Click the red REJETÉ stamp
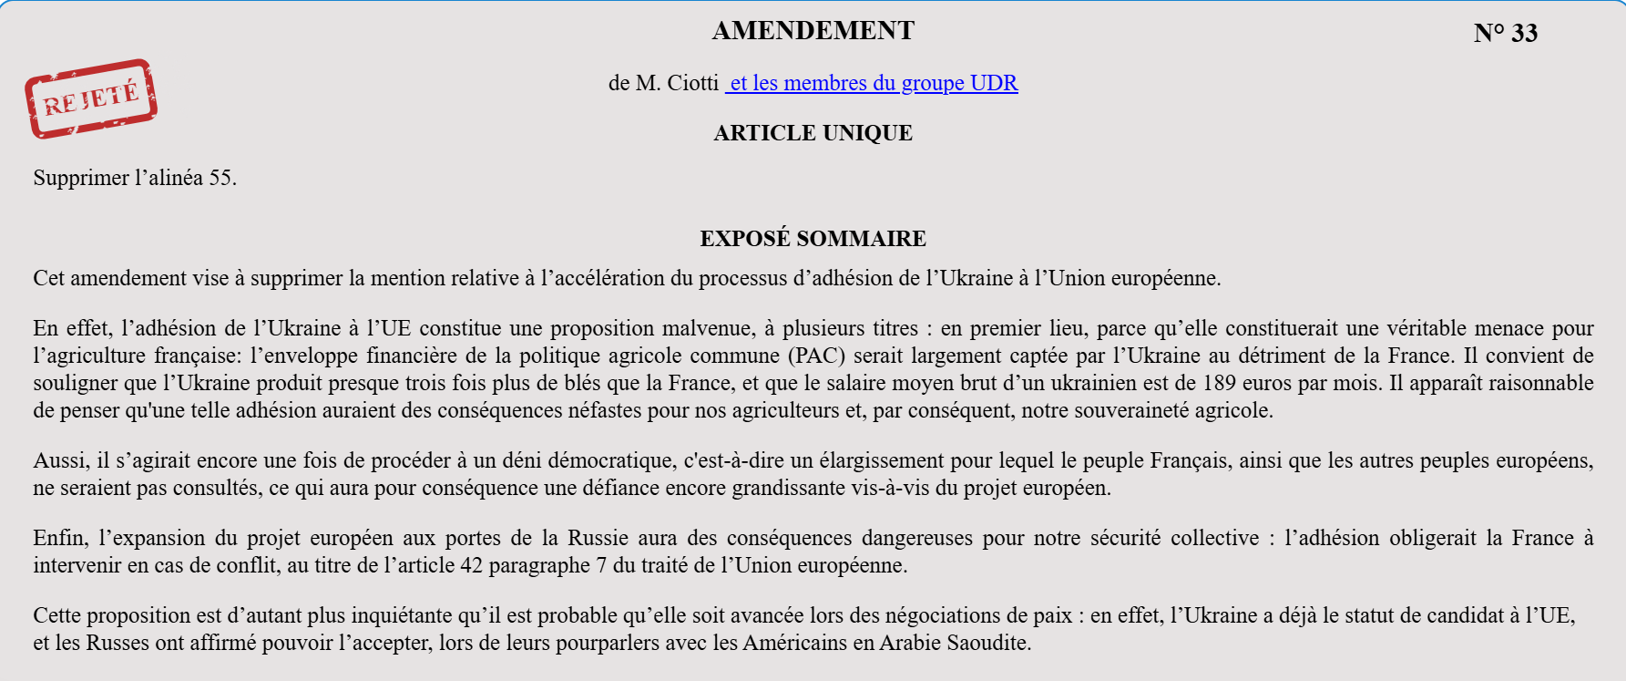coord(91,98)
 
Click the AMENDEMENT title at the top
coord(813,31)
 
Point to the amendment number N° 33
coord(1505,34)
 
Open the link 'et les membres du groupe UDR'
coord(872,83)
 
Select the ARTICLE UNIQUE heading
coord(813,133)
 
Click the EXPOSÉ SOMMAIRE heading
coord(813,239)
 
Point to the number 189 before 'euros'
coord(1219,383)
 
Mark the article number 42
coord(471,565)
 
